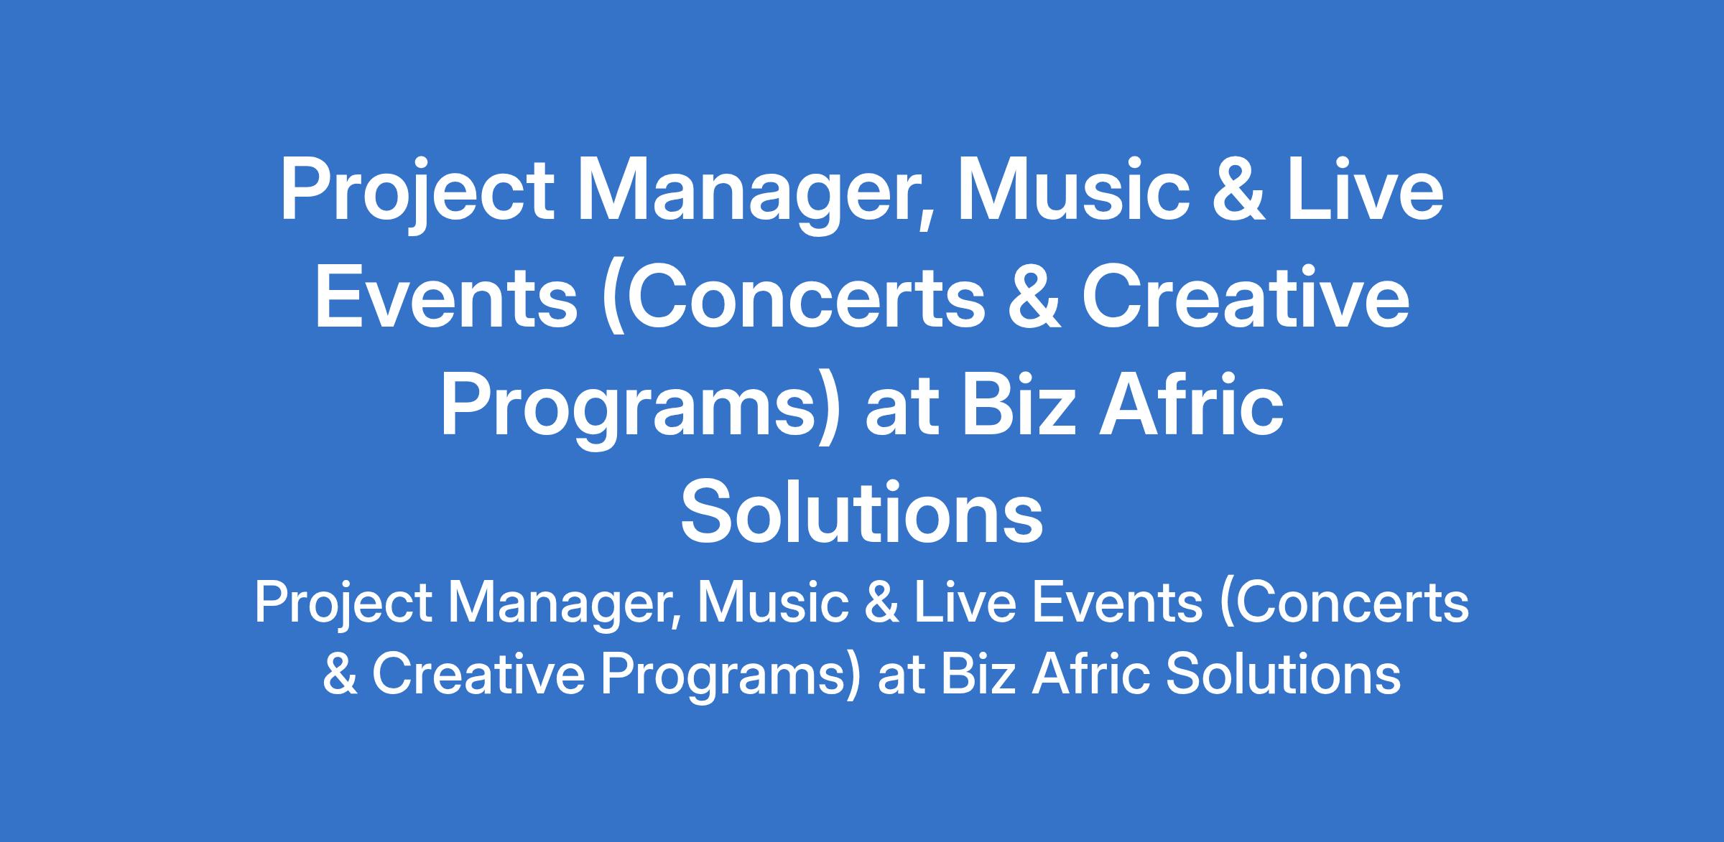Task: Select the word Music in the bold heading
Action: tap(1070, 190)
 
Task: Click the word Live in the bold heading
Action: tap(1364, 190)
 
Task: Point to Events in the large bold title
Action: tap(446, 299)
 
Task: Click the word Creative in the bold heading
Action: tap(1246, 299)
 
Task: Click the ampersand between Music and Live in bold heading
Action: tap(1233, 190)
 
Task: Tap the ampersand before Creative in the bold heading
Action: tap(1034, 299)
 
